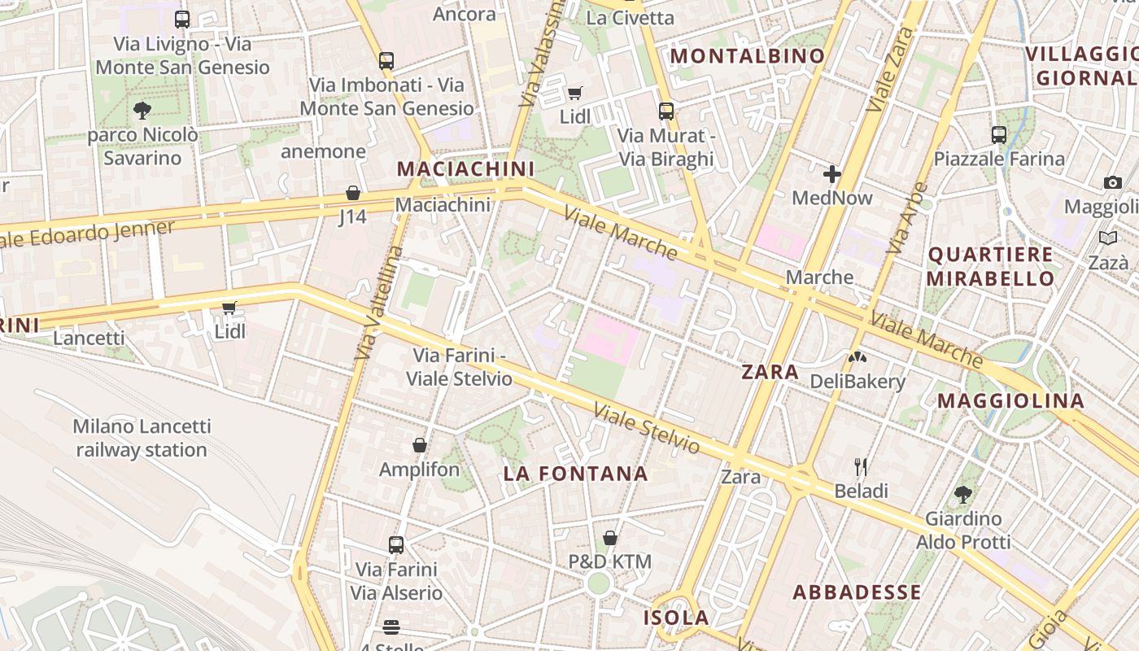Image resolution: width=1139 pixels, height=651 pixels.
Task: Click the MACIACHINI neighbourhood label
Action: tap(465, 169)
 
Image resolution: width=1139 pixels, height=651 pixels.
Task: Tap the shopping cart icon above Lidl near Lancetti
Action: tap(229, 308)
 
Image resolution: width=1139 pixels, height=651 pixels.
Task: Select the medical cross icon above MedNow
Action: tap(831, 173)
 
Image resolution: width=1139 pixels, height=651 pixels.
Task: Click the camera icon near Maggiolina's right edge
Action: tap(1113, 182)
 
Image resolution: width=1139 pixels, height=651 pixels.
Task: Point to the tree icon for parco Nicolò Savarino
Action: tap(142, 110)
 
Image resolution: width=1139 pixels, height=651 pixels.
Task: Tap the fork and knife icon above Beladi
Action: tap(861, 467)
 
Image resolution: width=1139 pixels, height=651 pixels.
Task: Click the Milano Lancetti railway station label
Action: tap(142, 438)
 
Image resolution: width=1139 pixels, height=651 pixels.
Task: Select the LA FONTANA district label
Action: tap(576, 474)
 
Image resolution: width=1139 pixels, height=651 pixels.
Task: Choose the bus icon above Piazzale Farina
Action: tap(999, 135)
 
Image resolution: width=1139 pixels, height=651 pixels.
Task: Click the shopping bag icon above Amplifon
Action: tap(420, 445)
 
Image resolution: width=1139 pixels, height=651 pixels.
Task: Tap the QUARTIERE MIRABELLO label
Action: tap(991, 266)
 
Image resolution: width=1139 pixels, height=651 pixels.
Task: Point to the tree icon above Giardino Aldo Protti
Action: tap(963, 494)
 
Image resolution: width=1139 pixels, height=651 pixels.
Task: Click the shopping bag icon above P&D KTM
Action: tap(610, 538)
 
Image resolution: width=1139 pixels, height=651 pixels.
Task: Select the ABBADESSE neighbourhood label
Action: tap(858, 592)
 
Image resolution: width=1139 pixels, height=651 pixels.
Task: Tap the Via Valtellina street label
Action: tap(379, 303)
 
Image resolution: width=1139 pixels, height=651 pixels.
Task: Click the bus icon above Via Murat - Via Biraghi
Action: tap(666, 111)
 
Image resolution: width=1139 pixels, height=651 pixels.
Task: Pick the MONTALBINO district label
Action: tap(747, 55)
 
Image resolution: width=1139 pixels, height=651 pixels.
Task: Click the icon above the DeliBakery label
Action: tap(858, 356)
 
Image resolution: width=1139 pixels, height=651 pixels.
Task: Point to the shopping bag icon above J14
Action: tap(353, 193)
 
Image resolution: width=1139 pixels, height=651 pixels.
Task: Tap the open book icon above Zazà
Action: tap(1108, 238)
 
